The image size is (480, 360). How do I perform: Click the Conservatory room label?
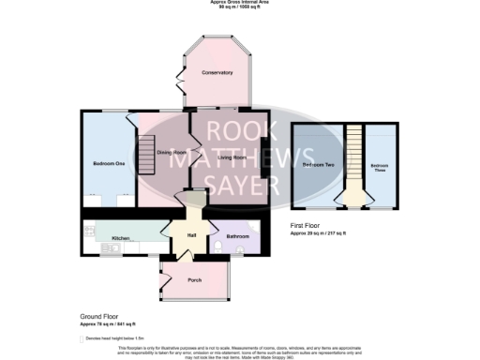click(x=217, y=72)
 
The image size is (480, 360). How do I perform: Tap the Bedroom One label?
click(x=108, y=164)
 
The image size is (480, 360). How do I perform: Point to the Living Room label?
click(x=233, y=157)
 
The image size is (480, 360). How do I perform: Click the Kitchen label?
click(x=120, y=238)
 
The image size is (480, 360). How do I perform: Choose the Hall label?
click(x=190, y=235)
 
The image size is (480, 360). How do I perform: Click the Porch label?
click(x=195, y=279)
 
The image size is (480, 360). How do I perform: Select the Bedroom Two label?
click(x=321, y=165)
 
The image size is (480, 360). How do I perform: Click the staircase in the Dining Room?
click(x=146, y=154)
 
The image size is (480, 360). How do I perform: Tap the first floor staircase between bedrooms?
click(x=354, y=164)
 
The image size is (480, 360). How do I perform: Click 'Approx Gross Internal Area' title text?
click(x=239, y=3)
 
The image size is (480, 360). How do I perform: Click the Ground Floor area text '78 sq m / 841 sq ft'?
click(x=107, y=324)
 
